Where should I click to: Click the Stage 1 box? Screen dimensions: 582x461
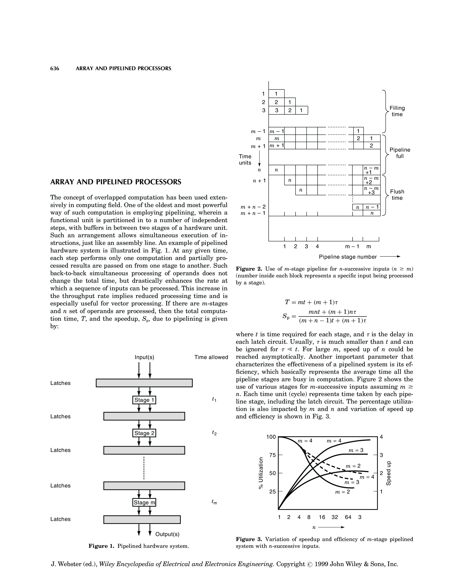[144, 400]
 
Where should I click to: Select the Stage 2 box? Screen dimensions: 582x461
[144, 433]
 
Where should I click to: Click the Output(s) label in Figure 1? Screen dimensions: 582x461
[167, 534]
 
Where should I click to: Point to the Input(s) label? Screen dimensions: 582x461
[144, 357]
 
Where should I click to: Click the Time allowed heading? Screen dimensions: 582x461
[211, 357]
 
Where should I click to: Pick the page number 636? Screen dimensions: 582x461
[55, 69]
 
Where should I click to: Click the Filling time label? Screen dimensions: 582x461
[397, 111]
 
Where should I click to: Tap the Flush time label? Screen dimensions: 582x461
[397, 195]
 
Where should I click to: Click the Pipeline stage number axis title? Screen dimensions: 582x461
[348, 257]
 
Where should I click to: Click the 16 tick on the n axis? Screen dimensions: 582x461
[322, 517]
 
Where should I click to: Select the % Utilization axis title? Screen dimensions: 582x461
[261, 473]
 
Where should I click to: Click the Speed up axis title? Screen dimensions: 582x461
[389, 473]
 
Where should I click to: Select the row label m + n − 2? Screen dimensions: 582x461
[253, 207]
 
